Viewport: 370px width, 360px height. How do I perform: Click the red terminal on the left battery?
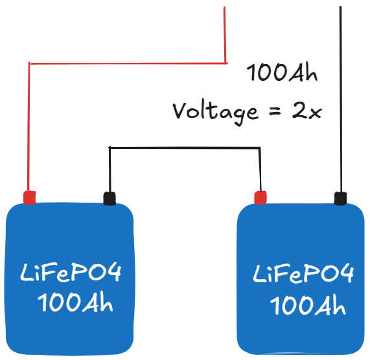pos(29,197)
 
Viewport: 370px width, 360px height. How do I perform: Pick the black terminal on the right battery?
pos(339,198)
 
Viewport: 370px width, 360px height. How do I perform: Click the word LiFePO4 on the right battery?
pos(303,275)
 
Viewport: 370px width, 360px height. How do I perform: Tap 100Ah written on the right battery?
pos(307,304)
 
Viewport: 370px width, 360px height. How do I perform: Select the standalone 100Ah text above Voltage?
pos(283,74)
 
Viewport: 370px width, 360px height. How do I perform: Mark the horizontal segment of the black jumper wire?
pos(185,148)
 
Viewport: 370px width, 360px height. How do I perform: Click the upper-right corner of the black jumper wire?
pos(260,148)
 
